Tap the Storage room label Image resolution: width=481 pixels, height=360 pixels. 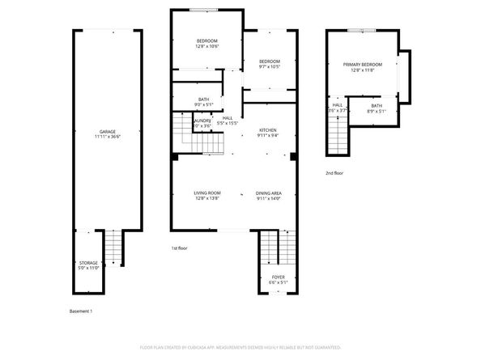click(88, 265)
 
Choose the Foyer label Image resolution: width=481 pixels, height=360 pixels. click(278, 279)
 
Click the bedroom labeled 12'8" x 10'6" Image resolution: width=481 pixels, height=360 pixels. click(207, 44)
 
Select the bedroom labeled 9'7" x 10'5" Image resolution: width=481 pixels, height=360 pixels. click(269, 64)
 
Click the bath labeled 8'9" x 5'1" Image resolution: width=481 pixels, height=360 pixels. click(377, 108)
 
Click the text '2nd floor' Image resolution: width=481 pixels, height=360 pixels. click(335, 173)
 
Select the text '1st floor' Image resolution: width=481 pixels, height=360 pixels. click(180, 248)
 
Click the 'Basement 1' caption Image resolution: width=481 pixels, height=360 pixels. click(81, 311)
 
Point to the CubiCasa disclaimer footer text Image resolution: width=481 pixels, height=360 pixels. click(240, 346)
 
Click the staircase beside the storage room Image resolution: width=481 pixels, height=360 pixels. click(113, 248)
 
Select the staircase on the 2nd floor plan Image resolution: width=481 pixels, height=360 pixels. click(336, 133)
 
